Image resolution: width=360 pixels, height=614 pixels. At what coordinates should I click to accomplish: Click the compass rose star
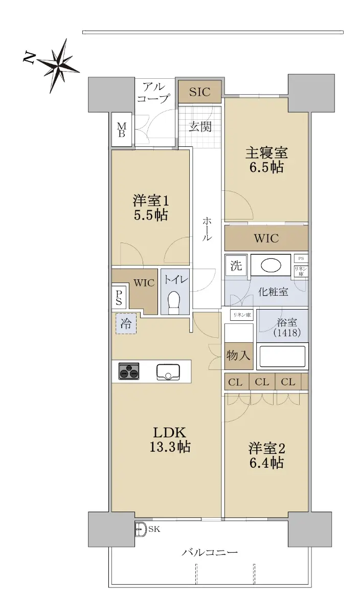[58, 66]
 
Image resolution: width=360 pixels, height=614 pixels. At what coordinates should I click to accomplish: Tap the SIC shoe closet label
[200, 92]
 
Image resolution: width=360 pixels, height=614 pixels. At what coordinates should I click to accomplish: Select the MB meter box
[122, 129]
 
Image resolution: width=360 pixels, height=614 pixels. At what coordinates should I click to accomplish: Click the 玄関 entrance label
[200, 127]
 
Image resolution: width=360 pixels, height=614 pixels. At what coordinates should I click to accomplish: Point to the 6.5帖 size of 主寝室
[266, 167]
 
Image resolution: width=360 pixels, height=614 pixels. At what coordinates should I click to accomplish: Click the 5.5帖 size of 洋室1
[151, 215]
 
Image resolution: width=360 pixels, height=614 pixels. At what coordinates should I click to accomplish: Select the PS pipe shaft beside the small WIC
[119, 297]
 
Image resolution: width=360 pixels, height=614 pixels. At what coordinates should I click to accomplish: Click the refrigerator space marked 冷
[126, 324]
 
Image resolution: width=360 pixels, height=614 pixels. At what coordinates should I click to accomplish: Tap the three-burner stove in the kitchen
[129, 371]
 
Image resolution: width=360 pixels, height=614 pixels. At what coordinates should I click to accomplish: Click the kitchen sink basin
[168, 372]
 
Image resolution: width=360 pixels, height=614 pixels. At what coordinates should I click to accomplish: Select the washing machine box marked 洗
[236, 265]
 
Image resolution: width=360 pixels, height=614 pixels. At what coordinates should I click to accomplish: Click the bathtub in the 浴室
[282, 356]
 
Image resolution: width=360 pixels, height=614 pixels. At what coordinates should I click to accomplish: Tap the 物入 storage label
[238, 356]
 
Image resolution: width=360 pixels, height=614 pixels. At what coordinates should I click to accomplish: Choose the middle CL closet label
[262, 382]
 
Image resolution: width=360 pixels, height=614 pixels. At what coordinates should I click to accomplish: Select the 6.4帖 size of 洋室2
[266, 463]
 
